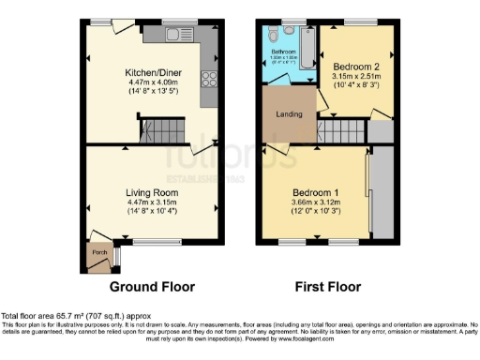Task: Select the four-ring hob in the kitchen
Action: click(x=211, y=80)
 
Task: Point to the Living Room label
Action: click(x=152, y=192)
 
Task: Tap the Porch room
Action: click(x=97, y=253)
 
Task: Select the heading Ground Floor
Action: click(x=152, y=287)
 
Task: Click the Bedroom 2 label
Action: click(x=356, y=67)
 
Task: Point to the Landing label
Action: click(x=288, y=114)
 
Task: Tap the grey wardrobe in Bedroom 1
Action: click(x=382, y=191)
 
